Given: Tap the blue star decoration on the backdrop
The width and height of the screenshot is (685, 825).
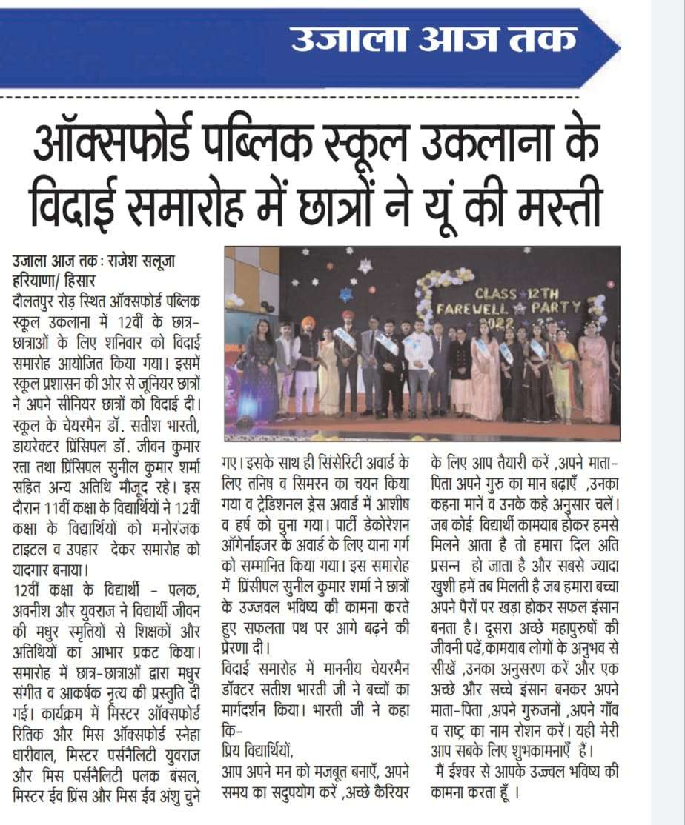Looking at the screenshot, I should click(x=346, y=294).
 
